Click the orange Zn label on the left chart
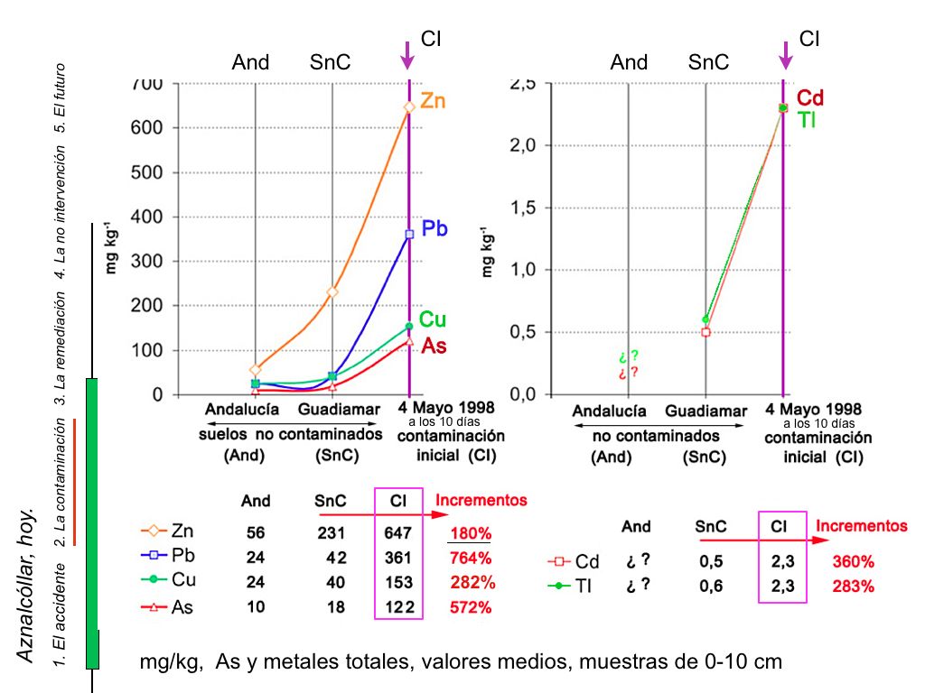(x=433, y=102)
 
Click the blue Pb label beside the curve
(x=434, y=229)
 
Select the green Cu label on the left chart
(x=433, y=319)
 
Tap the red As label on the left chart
(x=434, y=346)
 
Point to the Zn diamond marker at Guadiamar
(x=332, y=292)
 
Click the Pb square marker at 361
(x=409, y=235)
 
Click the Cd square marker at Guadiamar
(x=705, y=332)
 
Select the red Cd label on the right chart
(x=810, y=98)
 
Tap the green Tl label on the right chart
(x=807, y=119)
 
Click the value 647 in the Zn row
(x=397, y=532)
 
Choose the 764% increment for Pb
(x=471, y=558)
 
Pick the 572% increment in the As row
(x=471, y=607)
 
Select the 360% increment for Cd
(x=854, y=561)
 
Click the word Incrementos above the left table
(x=481, y=500)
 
